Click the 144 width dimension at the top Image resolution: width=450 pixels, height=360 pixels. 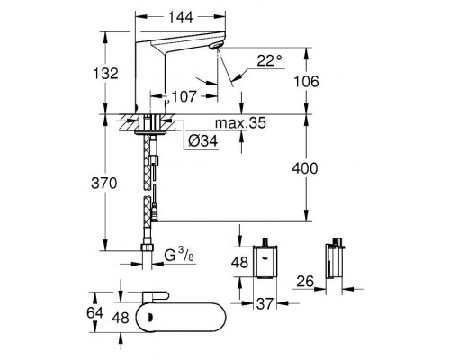coord(180,17)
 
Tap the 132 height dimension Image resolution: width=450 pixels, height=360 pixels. coord(105,74)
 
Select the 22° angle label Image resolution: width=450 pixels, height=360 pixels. coord(269,61)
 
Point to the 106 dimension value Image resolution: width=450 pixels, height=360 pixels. coord(306,82)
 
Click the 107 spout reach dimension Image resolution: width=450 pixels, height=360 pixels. coord(184,96)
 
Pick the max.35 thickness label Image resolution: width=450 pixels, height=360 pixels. coord(240,123)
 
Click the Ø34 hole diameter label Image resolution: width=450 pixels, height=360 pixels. coord(203,140)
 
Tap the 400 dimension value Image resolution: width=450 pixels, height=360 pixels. coord(305,168)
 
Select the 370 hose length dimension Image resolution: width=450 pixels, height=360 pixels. coord(104,183)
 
